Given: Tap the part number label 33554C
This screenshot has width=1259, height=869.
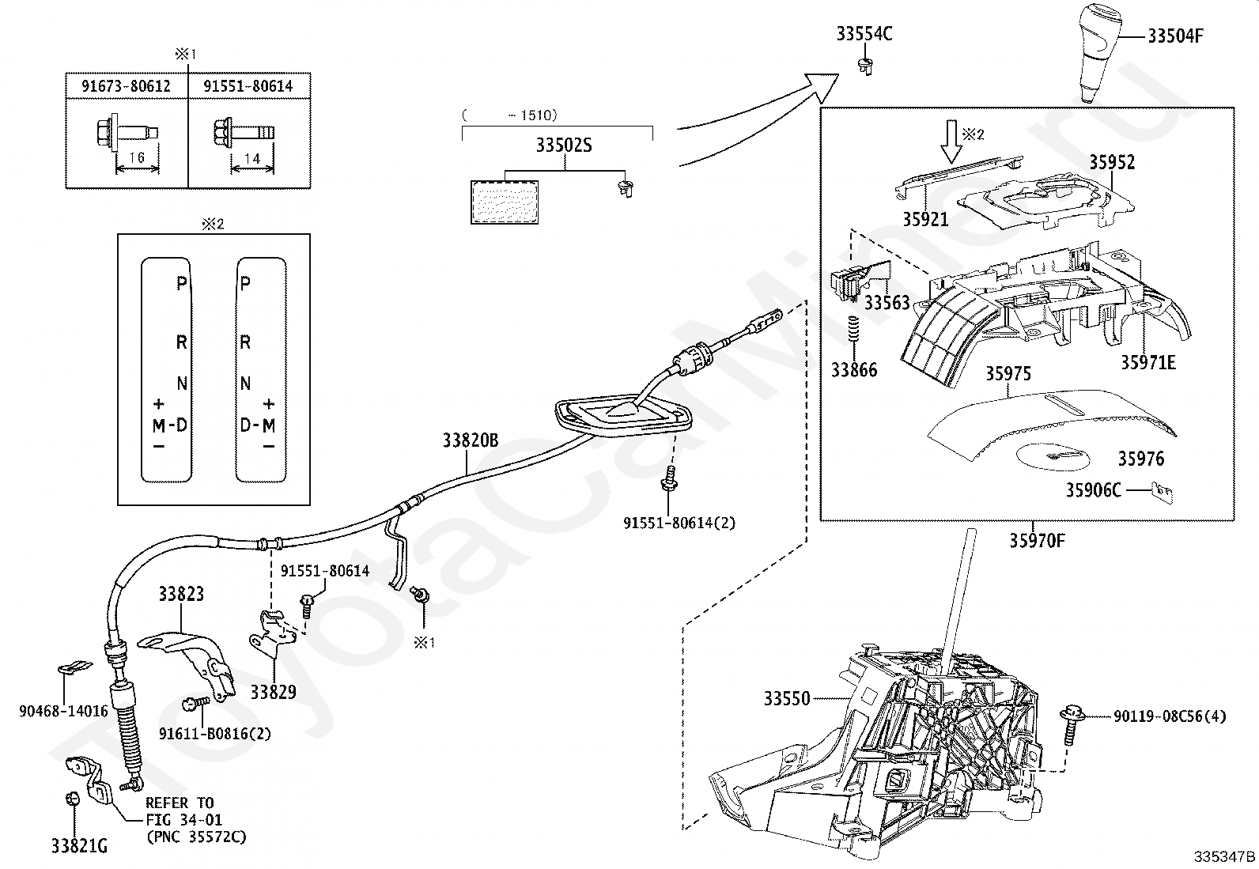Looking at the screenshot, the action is pyautogui.click(x=864, y=34).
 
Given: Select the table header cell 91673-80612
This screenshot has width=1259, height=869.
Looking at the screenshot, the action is pyautogui.click(x=126, y=86).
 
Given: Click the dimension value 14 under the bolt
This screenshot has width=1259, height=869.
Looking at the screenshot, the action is pyautogui.click(x=252, y=158).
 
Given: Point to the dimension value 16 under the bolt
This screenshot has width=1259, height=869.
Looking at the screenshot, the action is pyautogui.click(x=137, y=157).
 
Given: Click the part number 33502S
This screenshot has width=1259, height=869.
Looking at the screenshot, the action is pyautogui.click(x=564, y=145).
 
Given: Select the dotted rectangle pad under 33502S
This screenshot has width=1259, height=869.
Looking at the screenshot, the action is pyautogui.click(x=505, y=202).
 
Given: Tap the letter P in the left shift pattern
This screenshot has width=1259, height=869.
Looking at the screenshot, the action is pyautogui.click(x=182, y=283).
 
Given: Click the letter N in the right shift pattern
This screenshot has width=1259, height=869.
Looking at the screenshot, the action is pyautogui.click(x=246, y=384).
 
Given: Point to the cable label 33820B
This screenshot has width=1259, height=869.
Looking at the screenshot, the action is pyautogui.click(x=471, y=440).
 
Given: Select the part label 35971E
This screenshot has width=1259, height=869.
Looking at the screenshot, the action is pyautogui.click(x=1148, y=363).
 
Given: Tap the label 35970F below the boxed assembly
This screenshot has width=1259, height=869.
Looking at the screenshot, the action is pyautogui.click(x=1037, y=541).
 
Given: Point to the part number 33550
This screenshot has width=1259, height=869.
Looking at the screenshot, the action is pyautogui.click(x=787, y=699).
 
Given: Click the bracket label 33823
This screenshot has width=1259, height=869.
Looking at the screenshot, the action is pyautogui.click(x=181, y=594).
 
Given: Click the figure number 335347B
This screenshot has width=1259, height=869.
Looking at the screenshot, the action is pyautogui.click(x=1224, y=856).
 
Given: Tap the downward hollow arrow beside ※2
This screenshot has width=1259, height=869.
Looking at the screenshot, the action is pyautogui.click(x=951, y=142).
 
